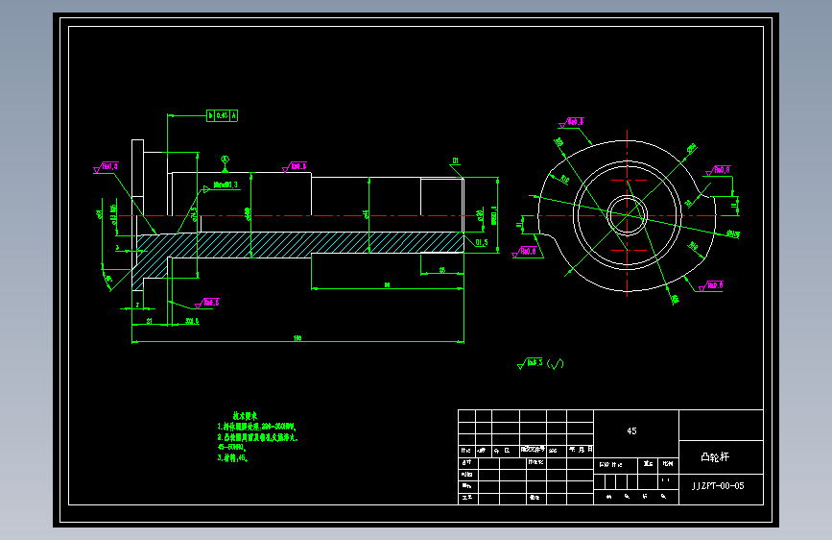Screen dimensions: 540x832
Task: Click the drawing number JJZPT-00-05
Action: (718, 486)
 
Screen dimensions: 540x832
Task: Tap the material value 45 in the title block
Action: (631, 431)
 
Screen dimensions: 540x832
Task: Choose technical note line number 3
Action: (233, 458)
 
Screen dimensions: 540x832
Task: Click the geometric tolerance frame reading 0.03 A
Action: (223, 115)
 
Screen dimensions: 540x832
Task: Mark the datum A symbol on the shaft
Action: (225, 158)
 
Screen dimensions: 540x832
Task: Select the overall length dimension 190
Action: (297, 338)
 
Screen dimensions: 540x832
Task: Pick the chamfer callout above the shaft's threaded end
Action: (456, 161)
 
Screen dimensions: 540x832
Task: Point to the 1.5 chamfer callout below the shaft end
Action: (480, 243)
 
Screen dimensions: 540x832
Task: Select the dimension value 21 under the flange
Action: (151, 321)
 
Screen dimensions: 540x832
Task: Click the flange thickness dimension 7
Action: (137, 305)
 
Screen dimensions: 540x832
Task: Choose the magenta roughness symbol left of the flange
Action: (106, 167)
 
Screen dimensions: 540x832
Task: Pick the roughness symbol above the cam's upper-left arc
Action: (572, 122)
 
